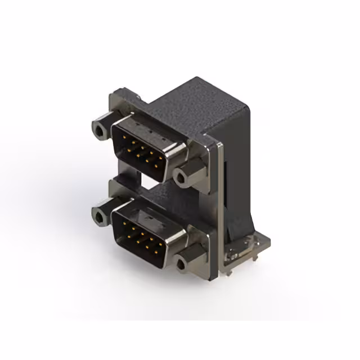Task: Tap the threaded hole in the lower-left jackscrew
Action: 99,216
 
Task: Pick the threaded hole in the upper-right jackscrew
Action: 181,178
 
